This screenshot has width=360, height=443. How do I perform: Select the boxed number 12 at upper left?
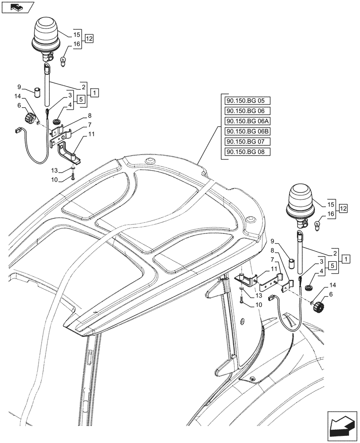(x=89, y=39)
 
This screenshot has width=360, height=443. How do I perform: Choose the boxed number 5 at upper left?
(x=81, y=100)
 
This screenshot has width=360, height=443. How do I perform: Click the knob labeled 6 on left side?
(x=29, y=119)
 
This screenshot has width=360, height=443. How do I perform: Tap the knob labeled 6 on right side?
(x=320, y=306)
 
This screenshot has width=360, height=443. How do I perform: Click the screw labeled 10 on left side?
(x=73, y=178)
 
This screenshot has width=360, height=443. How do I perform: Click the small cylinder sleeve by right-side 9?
(x=292, y=264)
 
